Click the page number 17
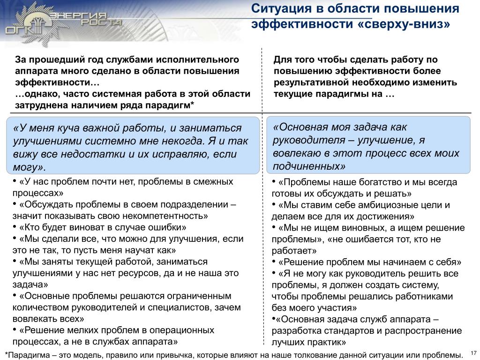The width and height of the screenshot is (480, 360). (x=473, y=352)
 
